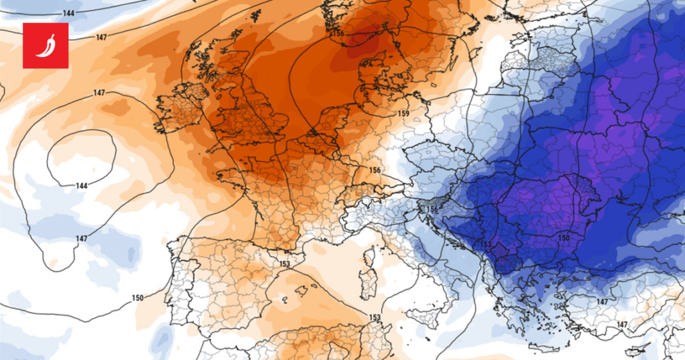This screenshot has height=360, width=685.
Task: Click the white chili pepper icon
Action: (46, 45)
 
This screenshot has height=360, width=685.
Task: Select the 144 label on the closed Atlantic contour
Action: (81, 185)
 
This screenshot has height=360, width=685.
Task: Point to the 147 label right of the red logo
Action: (101, 37)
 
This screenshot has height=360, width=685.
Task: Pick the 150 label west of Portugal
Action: (137, 298)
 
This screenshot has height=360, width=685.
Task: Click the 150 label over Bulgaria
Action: (564, 238)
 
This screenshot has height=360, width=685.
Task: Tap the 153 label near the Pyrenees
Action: (285, 264)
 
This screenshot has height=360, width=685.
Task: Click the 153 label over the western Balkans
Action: (486, 244)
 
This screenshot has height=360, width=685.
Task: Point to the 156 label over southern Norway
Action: (338, 33)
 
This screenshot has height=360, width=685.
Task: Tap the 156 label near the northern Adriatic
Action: (433, 209)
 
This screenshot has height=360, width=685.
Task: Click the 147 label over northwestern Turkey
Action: (602, 302)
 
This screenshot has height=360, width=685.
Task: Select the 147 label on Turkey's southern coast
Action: (622, 325)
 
